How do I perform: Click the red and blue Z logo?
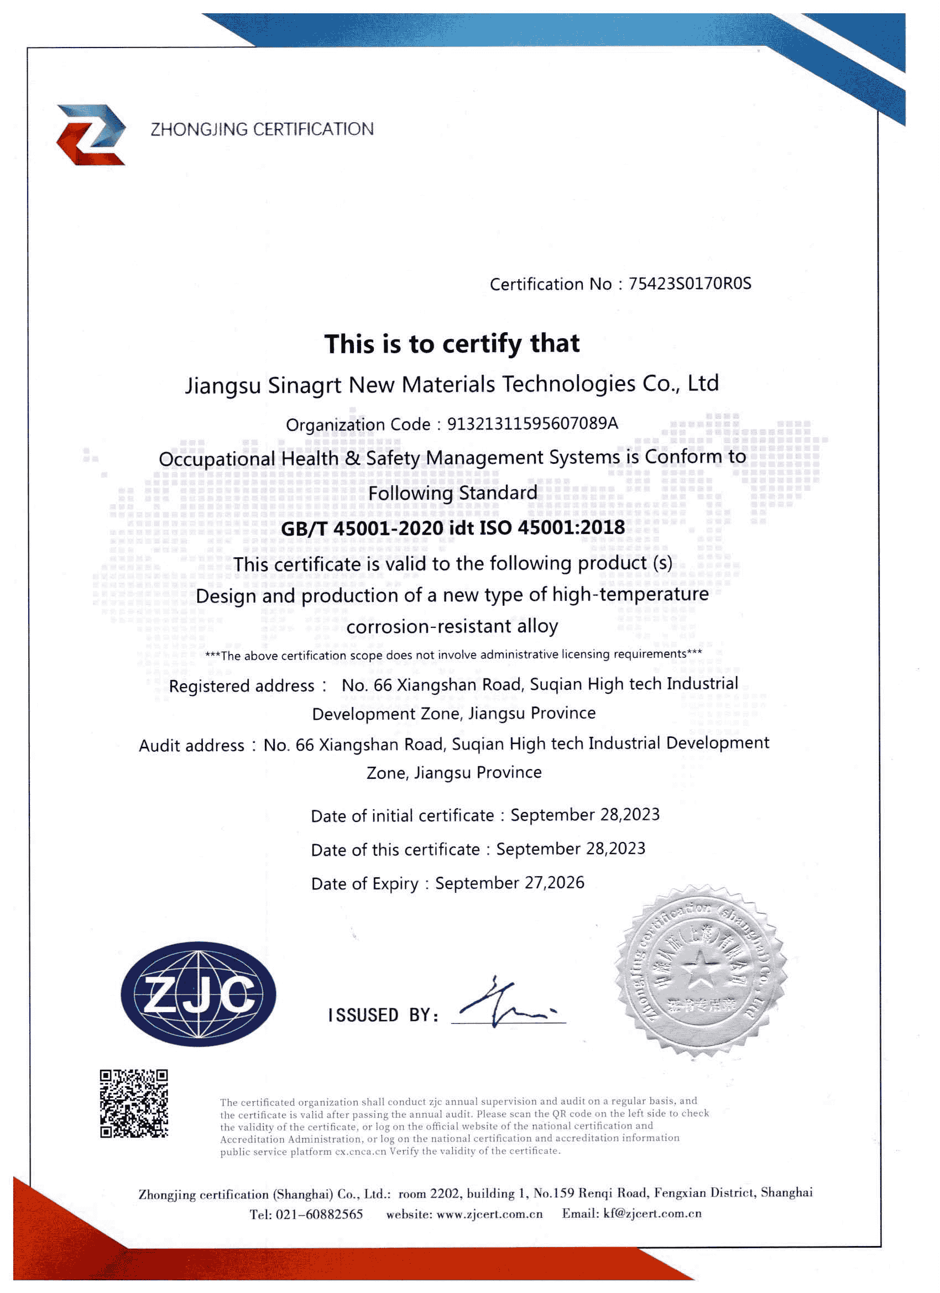coord(91,135)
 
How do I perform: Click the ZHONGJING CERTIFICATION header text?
coord(262,129)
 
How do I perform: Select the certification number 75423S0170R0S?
coord(690,284)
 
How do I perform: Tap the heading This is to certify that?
coord(452,344)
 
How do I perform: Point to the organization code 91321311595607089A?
coord(532,423)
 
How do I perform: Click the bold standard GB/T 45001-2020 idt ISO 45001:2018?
coord(452,527)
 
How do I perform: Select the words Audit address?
coord(191,745)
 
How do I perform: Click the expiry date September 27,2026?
coord(509,882)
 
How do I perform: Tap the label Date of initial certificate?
coord(402,815)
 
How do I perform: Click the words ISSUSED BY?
coord(383,1015)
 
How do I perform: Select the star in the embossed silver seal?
coord(700,970)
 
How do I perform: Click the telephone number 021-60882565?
coord(319,1215)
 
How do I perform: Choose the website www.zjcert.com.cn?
coord(489,1215)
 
